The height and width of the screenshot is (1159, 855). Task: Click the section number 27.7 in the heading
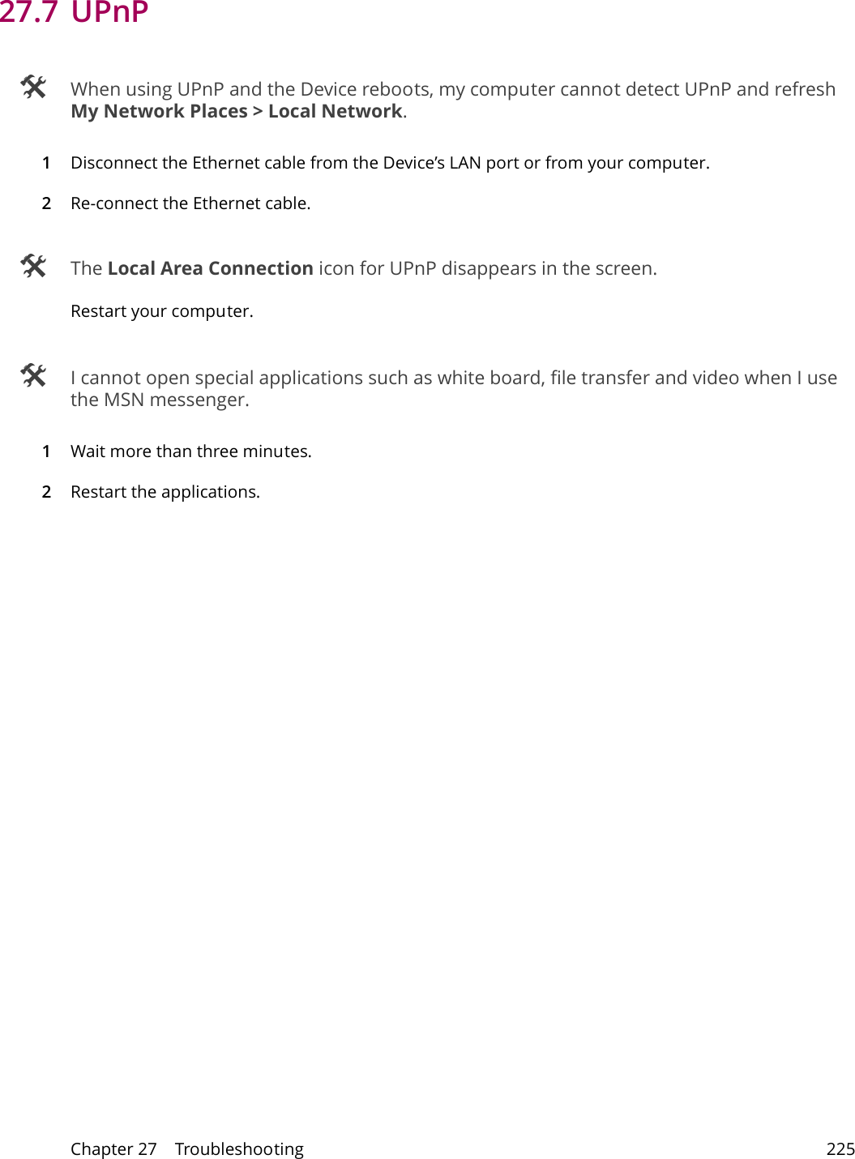click(x=28, y=12)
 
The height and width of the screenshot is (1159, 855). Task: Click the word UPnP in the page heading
click(x=110, y=12)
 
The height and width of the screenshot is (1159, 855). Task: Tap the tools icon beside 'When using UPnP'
click(x=33, y=87)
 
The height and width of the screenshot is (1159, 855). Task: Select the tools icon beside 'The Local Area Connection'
click(x=33, y=266)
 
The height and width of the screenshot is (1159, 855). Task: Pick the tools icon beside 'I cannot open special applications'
click(x=33, y=375)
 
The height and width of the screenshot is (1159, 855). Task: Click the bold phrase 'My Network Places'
click(x=159, y=112)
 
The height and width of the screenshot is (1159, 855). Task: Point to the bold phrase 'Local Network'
click(x=335, y=112)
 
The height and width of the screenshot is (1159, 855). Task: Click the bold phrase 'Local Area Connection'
click(x=210, y=268)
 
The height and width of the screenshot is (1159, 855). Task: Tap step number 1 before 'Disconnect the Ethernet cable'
click(x=46, y=163)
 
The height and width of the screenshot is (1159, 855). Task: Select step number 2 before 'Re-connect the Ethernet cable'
click(x=46, y=203)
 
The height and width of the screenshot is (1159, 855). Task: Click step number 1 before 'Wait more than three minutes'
click(x=46, y=451)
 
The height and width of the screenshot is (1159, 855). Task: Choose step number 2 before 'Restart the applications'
click(x=46, y=492)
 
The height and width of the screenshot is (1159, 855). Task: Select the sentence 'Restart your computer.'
click(x=161, y=311)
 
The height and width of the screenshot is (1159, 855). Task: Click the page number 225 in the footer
click(x=840, y=1148)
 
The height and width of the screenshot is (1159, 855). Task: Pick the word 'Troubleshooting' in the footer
click(x=239, y=1148)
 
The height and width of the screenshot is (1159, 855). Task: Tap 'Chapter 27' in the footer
click(x=113, y=1148)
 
